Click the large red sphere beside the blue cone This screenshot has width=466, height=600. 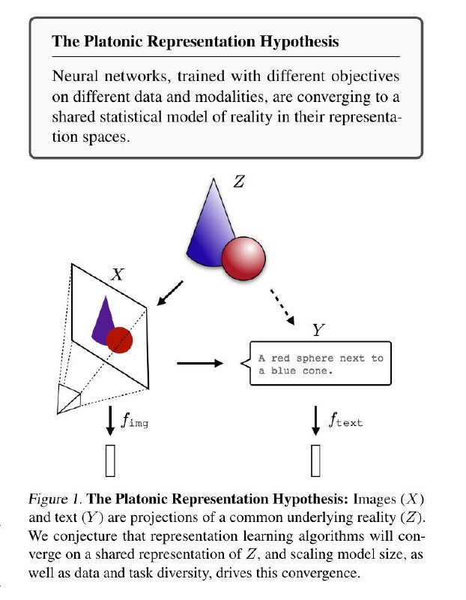[x=243, y=258]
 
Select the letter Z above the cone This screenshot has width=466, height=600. [x=239, y=181]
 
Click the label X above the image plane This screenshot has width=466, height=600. [x=118, y=274]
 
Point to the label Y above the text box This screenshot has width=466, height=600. [x=318, y=329]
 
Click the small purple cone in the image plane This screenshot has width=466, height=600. [x=104, y=321]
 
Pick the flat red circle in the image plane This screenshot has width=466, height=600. [x=119, y=340]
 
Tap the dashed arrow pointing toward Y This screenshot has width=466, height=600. [x=282, y=307]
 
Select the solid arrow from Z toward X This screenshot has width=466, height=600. [x=170, y=293]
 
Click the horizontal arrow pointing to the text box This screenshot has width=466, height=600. [x=200, y=363]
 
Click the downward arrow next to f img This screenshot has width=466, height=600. [x=110, y=421]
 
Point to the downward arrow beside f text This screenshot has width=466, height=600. [x=315, y=421]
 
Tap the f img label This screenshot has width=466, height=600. [x=135, y=420]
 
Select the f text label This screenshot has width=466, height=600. [x=345, y=420]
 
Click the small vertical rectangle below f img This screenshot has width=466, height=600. [x=110, y=460]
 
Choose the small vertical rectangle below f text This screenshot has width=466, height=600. [x=315, y=460]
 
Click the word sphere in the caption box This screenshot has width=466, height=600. [x=315, y=358]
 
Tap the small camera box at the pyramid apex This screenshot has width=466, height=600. [x=69, y=399]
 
